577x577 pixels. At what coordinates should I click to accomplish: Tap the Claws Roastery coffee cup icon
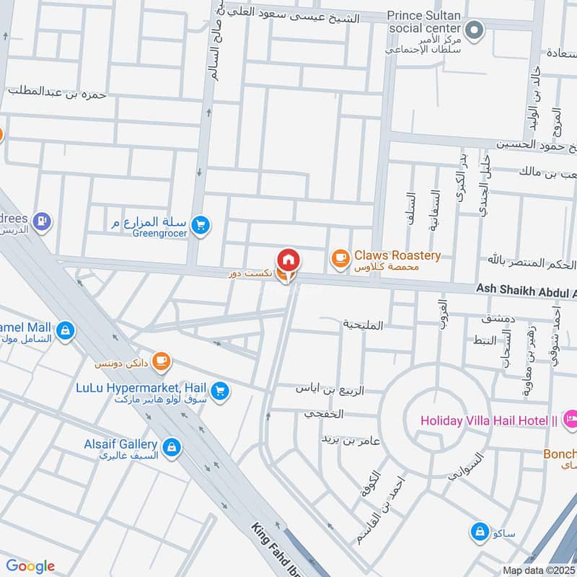pos(340,257)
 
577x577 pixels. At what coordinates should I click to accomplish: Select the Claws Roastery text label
pos(397,256)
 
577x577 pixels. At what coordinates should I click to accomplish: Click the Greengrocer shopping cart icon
pos(201,226)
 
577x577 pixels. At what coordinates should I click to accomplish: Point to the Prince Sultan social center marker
pos(474,30)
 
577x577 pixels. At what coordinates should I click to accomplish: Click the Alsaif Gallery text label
pos(120,444)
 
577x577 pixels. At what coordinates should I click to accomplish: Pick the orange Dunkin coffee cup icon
pos(162,359)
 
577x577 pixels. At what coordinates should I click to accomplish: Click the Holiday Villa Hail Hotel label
pos(489,420)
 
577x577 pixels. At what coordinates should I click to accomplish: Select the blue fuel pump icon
pos(43,221)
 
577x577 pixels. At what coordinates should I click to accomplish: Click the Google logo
pos(30,566)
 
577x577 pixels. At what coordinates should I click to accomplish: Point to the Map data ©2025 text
pos(538,571)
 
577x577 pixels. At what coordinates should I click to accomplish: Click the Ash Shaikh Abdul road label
pos(526,289)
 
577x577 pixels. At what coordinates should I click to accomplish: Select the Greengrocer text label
pos(159,233)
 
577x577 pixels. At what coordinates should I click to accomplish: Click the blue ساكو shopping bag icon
pos(479,532)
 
